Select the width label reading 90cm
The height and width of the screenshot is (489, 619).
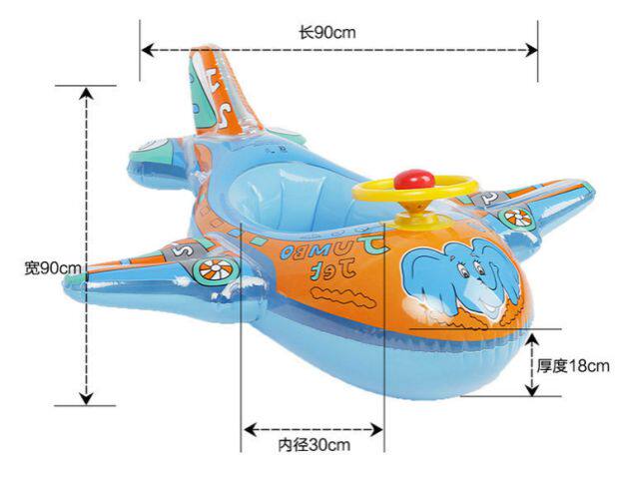coord(52,267)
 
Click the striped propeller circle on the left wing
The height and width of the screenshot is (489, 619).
coord(214,269)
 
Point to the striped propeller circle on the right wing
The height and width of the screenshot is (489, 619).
coord(516,216)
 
